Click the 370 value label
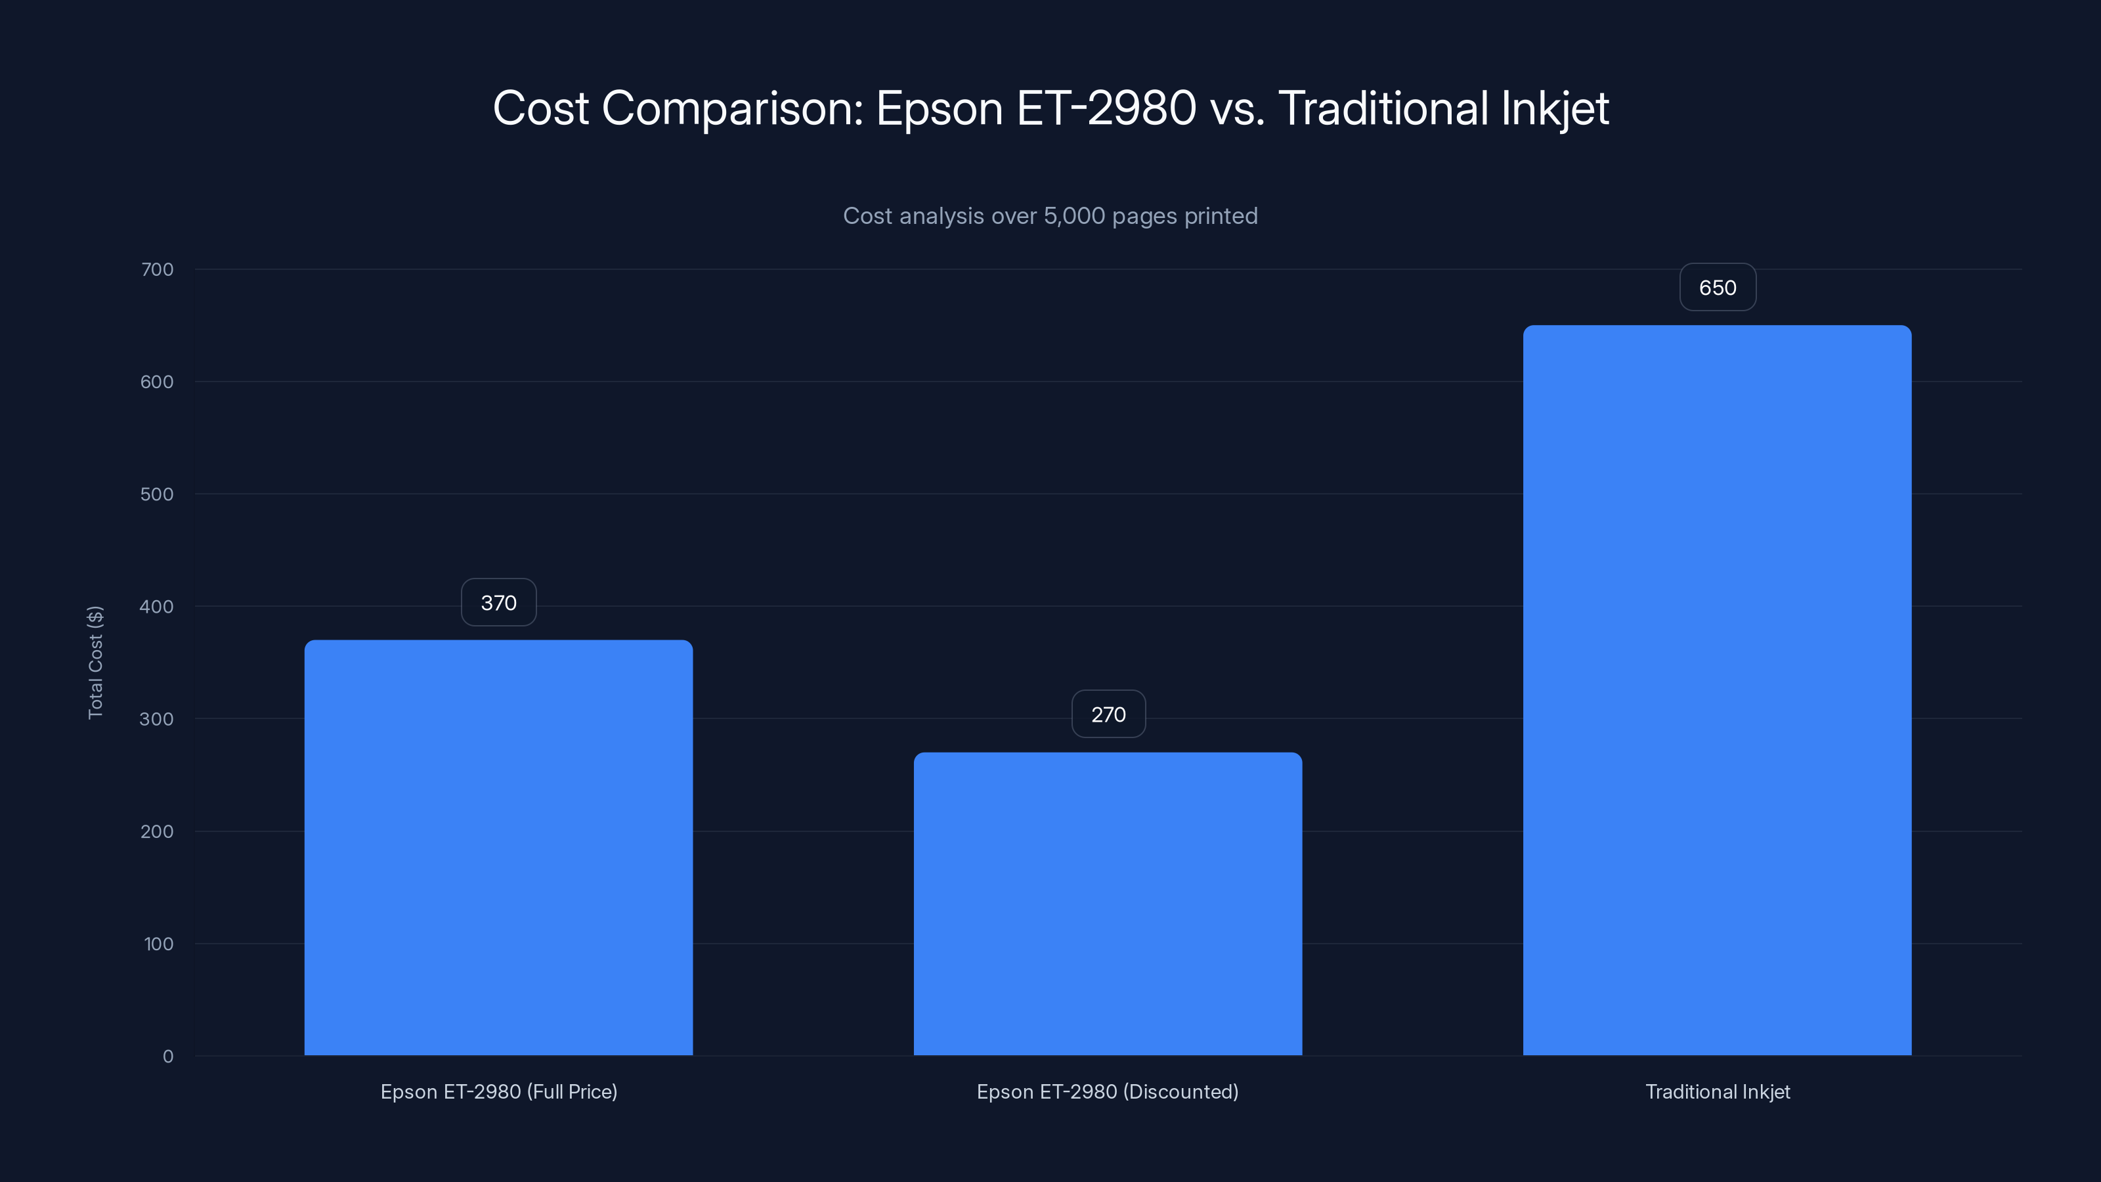click(x=498, y=603)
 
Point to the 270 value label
click(x=1108, y=714)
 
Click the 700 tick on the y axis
click(x=158, y=269)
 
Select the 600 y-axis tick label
click(x=158, y=382)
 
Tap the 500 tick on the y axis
click(x=158, y=494)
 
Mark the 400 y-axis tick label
click(x=158, y=606)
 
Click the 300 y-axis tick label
click(x=158, y=718)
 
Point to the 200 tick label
click(x=158, y=831)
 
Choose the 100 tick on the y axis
click(x=159, y=944)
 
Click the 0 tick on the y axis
click(x=168, y=1057)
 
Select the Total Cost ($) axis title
click(x=95, y=663)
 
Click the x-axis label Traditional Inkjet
click(x=1718, y=1091)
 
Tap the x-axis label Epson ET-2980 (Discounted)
click(x=1108, y=1091)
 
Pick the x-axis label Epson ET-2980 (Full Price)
click(x=498, y=1091)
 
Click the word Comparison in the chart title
click(x=731, y=108)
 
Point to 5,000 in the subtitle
click(x=1074, y=216)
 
